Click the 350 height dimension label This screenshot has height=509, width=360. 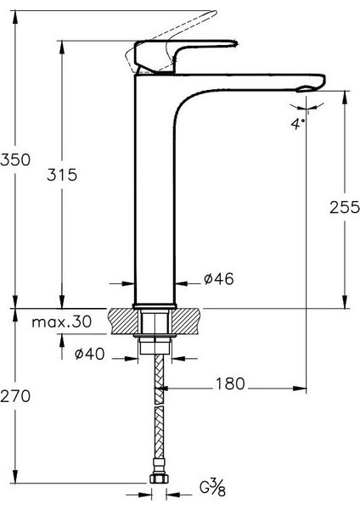coord(17,159)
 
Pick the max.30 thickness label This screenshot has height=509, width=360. coord(62,323)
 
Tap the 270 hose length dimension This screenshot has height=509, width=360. coord(17,396)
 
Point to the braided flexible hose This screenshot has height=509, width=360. coord(156,416)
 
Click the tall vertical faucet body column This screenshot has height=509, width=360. coord(155,195)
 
